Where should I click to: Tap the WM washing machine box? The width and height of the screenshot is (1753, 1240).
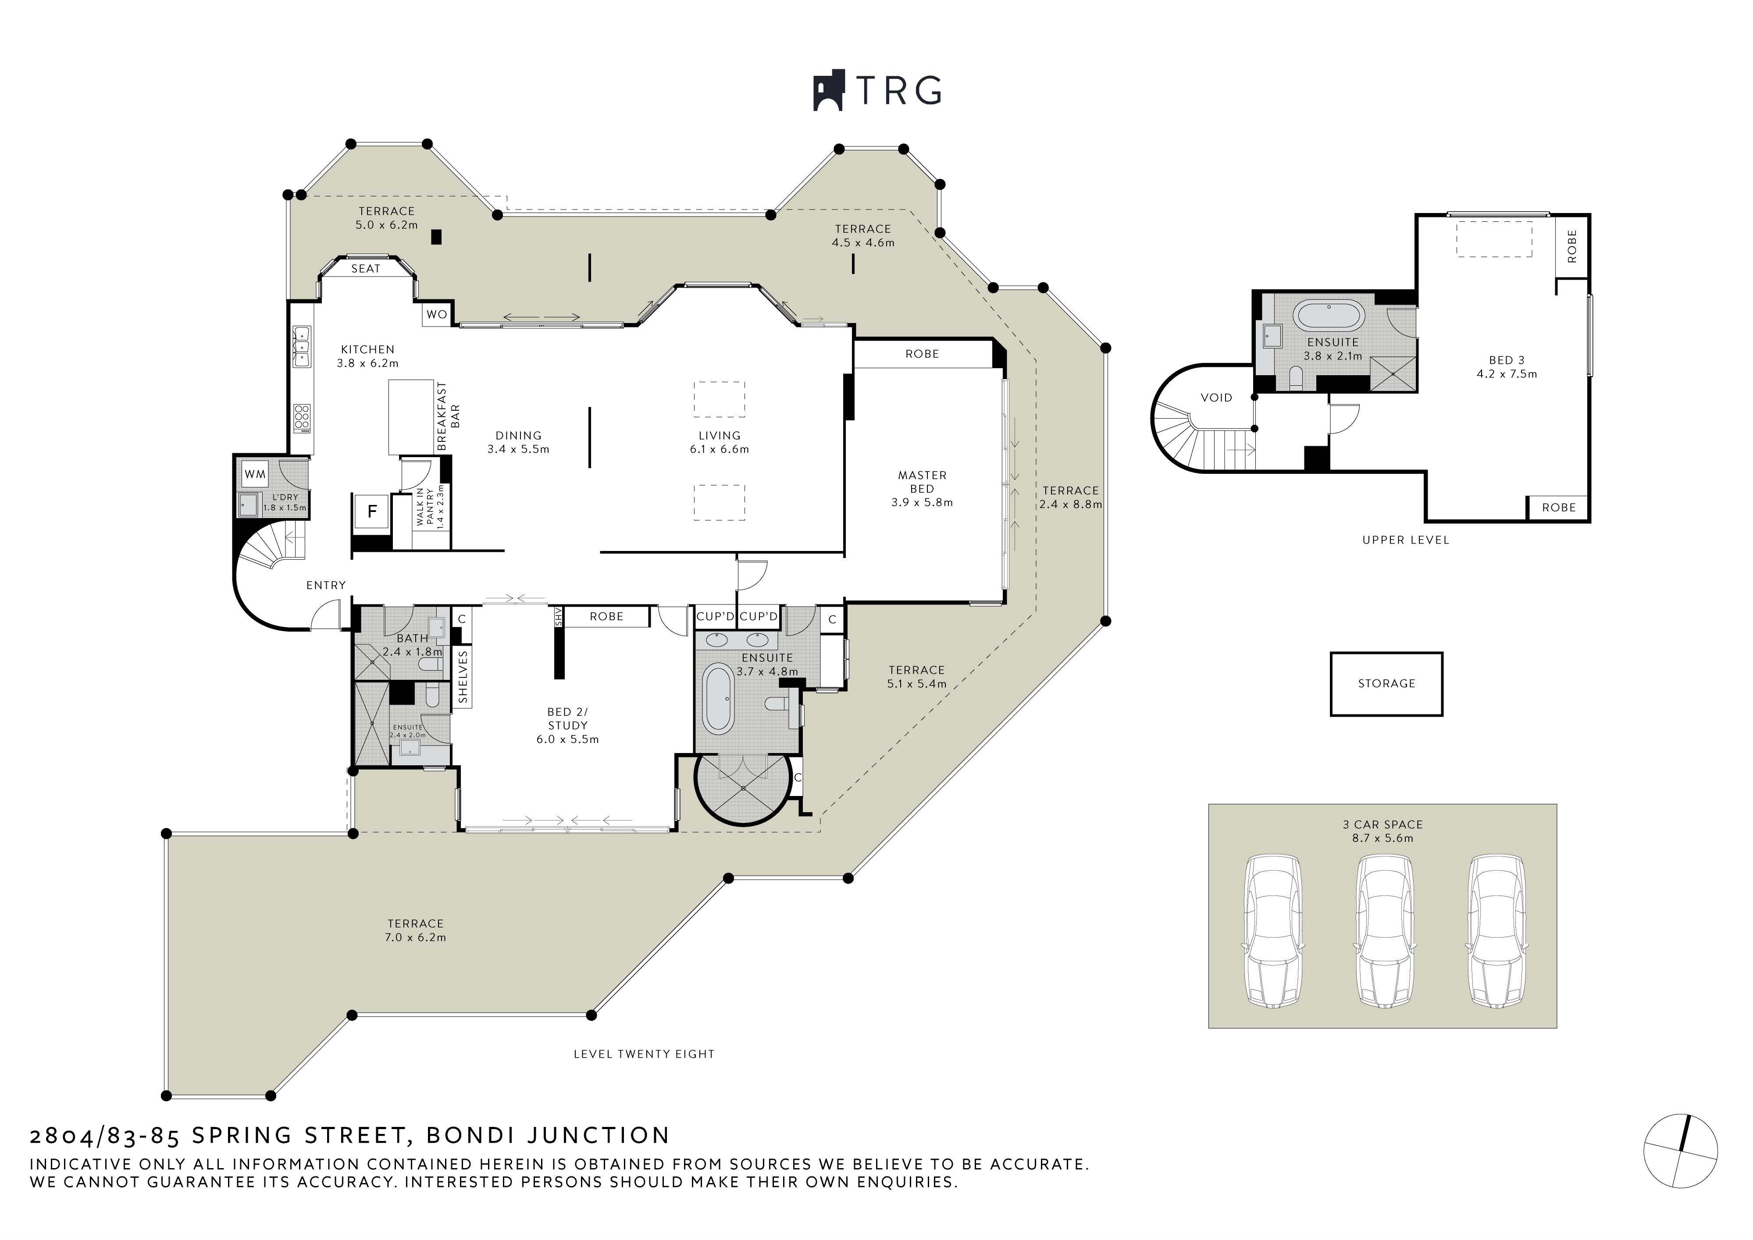click(x=255, y=474)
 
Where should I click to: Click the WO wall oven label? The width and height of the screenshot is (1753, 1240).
click(x=437, y=315)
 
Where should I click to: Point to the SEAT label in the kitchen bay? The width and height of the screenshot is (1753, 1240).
click(x=366, y=269)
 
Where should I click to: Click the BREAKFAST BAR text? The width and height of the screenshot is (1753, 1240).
click(x=449, y=416)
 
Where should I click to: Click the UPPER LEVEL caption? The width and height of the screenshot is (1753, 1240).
click(x=1405, y=540)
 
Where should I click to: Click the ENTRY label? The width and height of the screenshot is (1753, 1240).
click(x=326, y=586)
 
